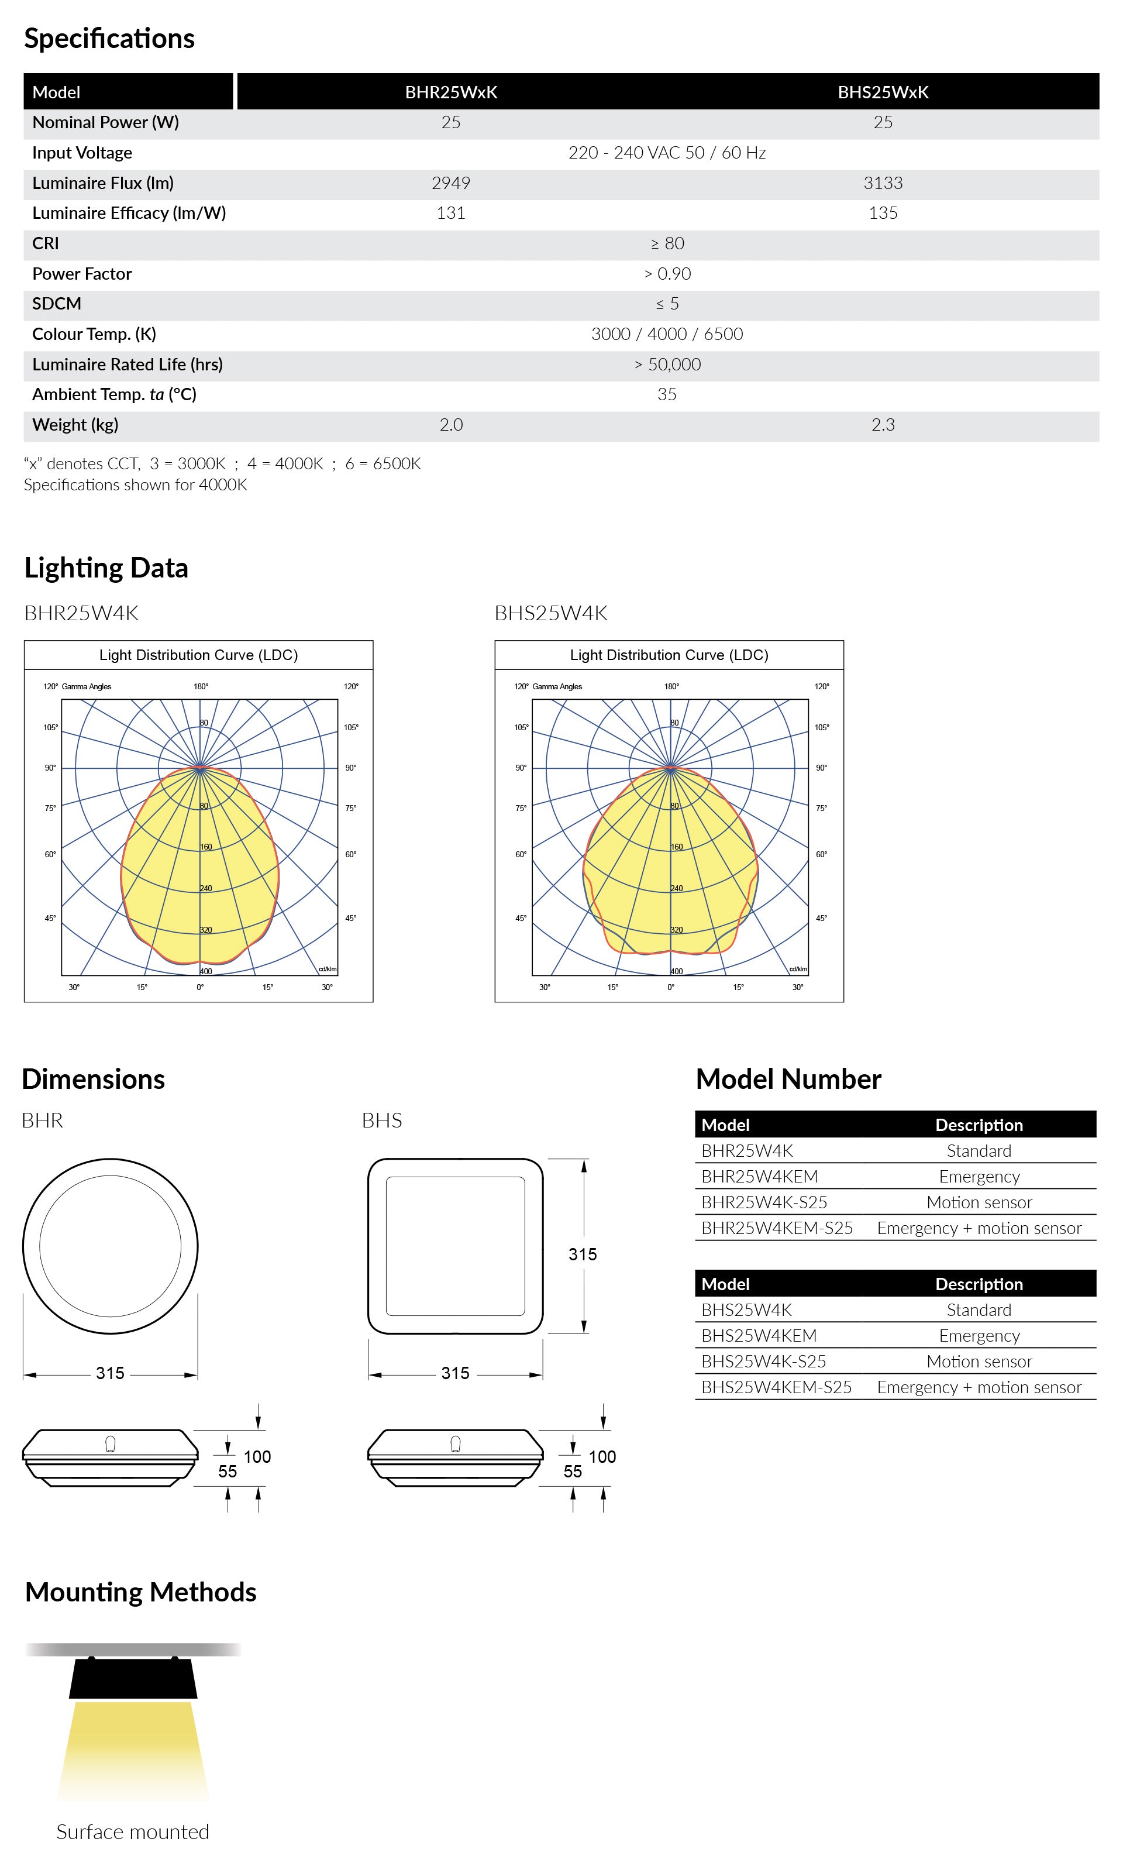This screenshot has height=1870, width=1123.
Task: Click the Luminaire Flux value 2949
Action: click(x=450, y=183)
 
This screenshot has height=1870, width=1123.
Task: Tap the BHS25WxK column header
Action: click(x=883, y=92)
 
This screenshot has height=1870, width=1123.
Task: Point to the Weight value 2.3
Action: click(x=883, y=425)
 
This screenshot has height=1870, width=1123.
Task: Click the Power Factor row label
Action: click(x=82, y=274)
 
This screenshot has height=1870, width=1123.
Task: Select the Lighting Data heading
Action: click(x=106, y=568)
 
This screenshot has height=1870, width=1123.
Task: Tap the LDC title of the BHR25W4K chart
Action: click(x=198, y=655)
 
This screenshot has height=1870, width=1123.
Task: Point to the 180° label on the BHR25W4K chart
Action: click(x=201, y=686)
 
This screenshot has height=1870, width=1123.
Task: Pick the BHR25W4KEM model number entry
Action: click(x=759, y=1177)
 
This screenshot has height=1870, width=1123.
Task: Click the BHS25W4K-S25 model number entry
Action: click(x=763, y=1362)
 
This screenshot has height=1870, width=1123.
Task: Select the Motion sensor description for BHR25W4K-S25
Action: click(x=979, y=1202)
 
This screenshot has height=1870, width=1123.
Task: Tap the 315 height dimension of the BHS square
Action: click(x=583, y=1254)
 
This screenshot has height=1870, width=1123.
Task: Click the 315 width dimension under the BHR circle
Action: click(x=110, y=1373)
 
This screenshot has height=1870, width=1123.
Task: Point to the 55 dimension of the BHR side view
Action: click(x=227, y=1471)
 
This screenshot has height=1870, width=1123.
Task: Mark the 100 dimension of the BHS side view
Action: click(x=602, y=1457)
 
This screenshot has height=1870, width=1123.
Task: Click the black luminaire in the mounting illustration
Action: click(x=133, y=1679)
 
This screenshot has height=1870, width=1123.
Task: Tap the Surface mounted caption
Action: click(x=132, y=1832)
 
